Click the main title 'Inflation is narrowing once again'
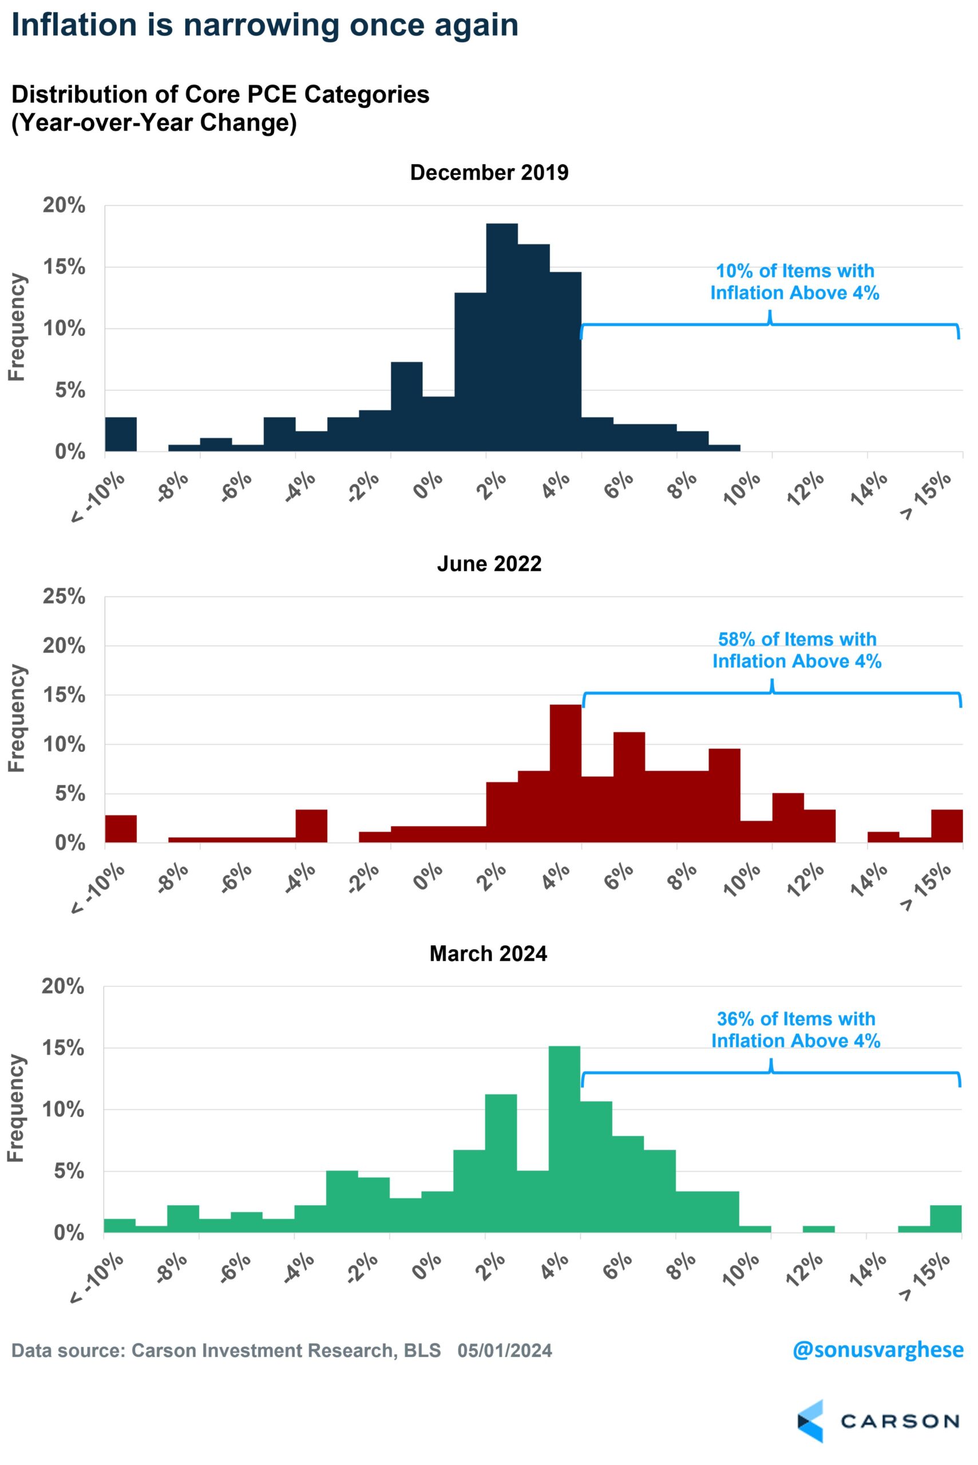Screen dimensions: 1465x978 pyautogui.click(x=264, y=26)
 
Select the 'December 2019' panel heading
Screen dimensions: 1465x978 pyautogui.click(x=489, y=173)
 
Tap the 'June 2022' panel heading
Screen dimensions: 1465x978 pyautogui.click(x=489, y=564)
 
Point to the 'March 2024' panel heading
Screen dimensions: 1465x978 pyautogui.click(x=488, y=953)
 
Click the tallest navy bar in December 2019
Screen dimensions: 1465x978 pyautogui.click(x=502, y=337)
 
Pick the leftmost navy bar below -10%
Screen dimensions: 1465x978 pyautogui.click(x=120, y=434)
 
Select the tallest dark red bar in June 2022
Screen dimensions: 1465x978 pyautogui.click(x=566, y=773)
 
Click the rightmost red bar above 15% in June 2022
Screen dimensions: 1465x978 pyautogui.click(x=947, y=826)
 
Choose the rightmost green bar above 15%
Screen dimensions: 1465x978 pyautogui.click(x=945, y=1219)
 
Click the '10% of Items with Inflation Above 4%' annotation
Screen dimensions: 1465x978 pyautogui.click(x=795, y=282)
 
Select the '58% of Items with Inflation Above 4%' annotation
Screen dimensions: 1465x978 pyautogui.click(x=797, y=650)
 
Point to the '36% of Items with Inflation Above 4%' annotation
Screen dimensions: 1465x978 pyautogui.click(x=796, y=1030)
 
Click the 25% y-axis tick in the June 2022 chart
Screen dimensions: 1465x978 pyautogui.click(x=64, y=596)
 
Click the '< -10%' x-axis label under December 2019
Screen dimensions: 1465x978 pyautogui.click(x=98, y=498)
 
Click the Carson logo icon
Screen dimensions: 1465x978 pyautogui.click(x=810, y=1422)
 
